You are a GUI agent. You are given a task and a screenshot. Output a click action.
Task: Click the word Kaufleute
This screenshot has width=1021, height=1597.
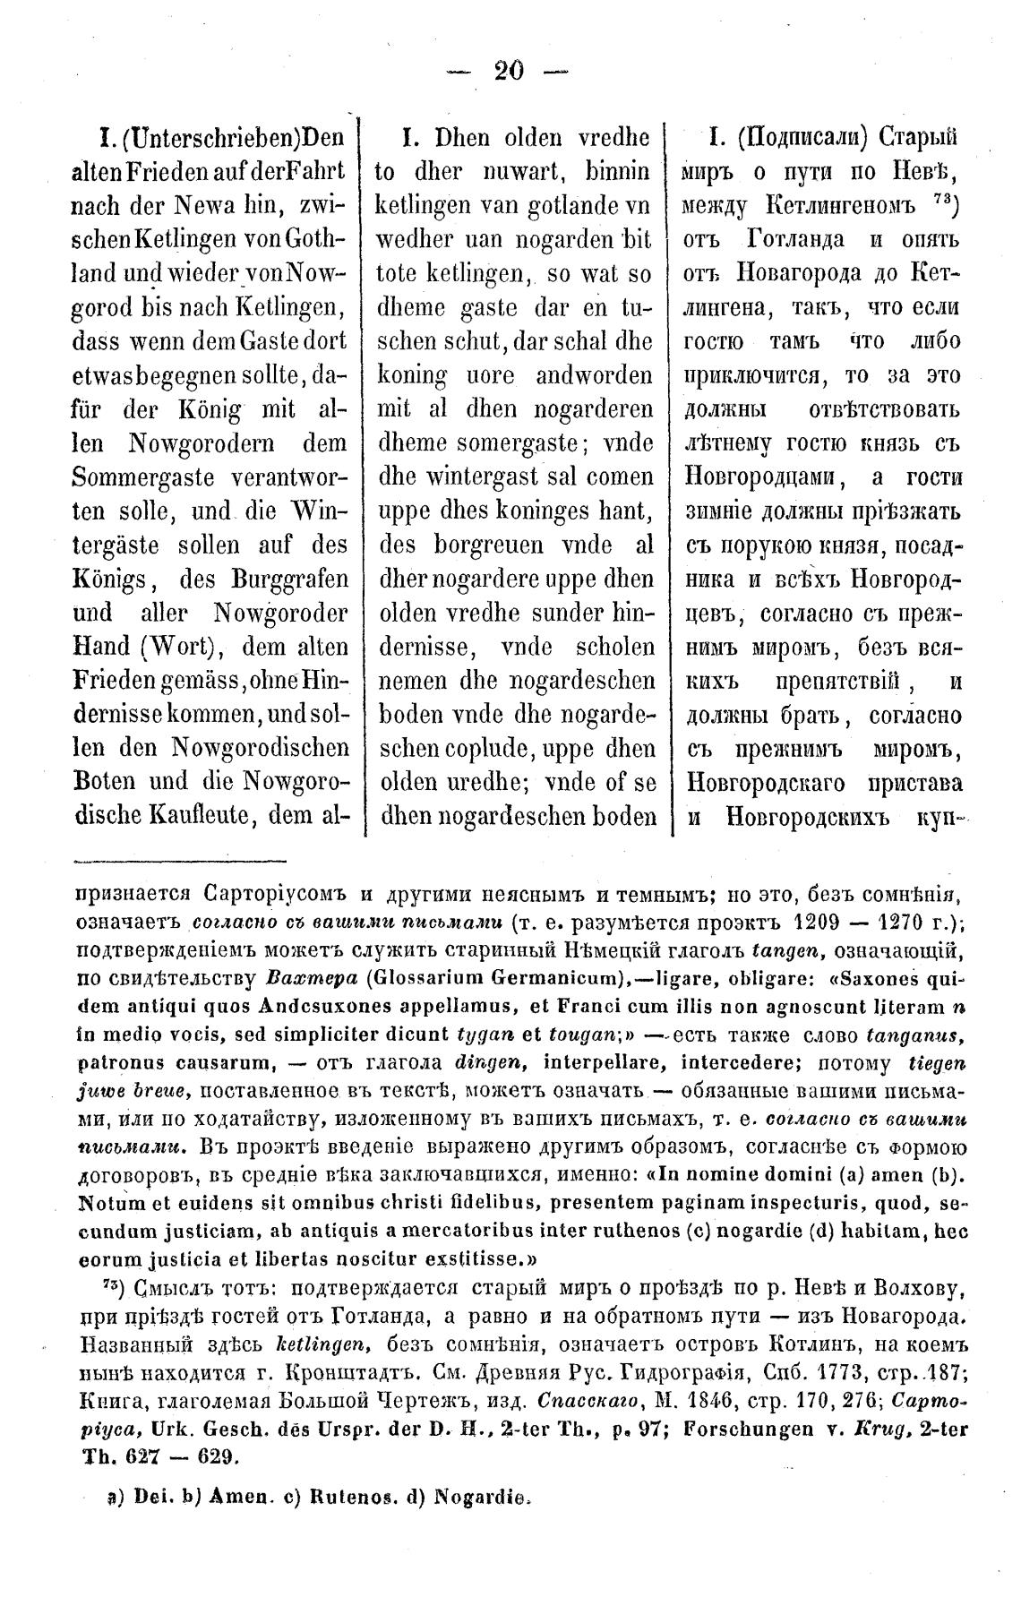tap(211, 817)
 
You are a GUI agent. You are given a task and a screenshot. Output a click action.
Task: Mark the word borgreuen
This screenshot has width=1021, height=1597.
tap(484, 546)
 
